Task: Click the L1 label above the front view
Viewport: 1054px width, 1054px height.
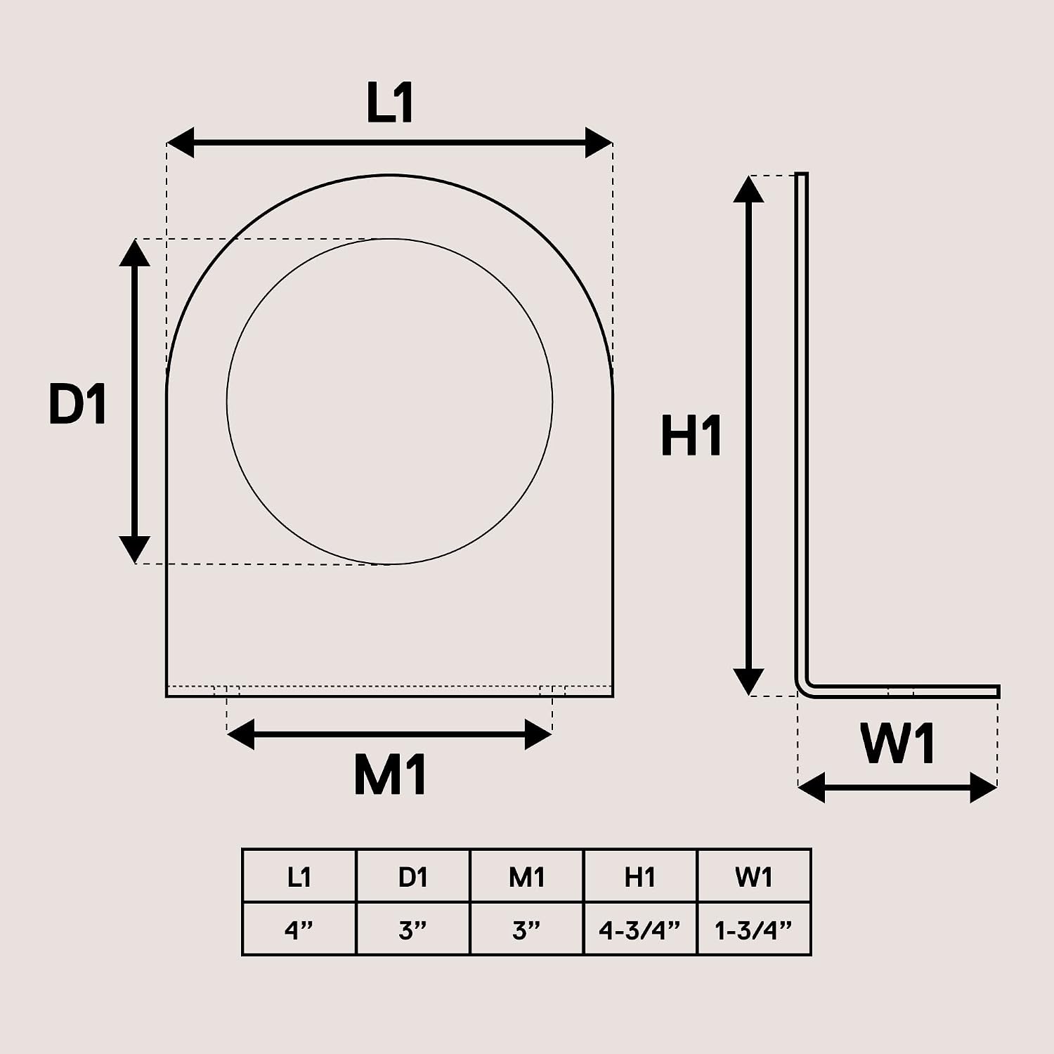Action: tap(390, 103)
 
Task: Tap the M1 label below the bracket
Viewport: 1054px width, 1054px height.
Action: tap(390, 775)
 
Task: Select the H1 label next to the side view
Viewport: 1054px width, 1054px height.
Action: tap(691, 436)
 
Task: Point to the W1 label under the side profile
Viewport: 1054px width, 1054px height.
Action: tap(898, 744)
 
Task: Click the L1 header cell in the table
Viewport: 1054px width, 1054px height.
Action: tap(299, 876)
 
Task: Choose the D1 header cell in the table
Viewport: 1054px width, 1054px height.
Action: tap(413, 876)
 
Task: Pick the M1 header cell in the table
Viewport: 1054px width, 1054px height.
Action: tap(527, 876)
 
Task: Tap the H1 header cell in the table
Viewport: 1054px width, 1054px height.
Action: tap(640, 876)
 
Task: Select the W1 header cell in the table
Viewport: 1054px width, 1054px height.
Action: tap(754, 876)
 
